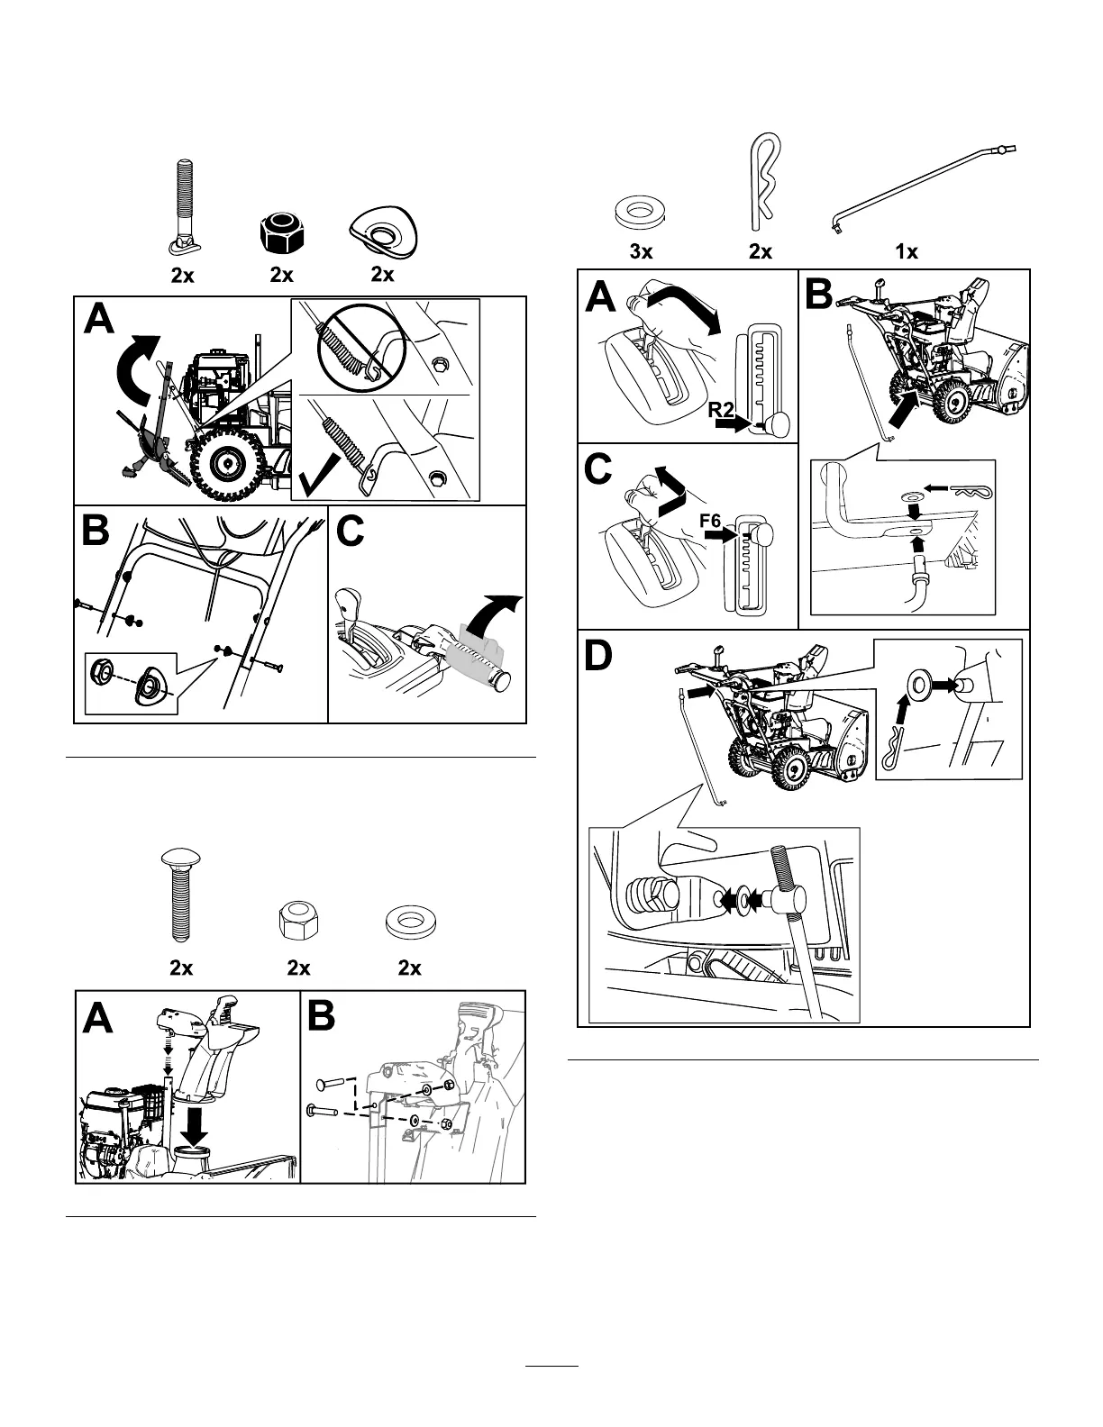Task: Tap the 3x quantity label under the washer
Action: click(x=641, y=252)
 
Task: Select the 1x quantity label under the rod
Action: click(x=907, y=252)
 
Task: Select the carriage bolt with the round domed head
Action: click(x=180, y=891)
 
